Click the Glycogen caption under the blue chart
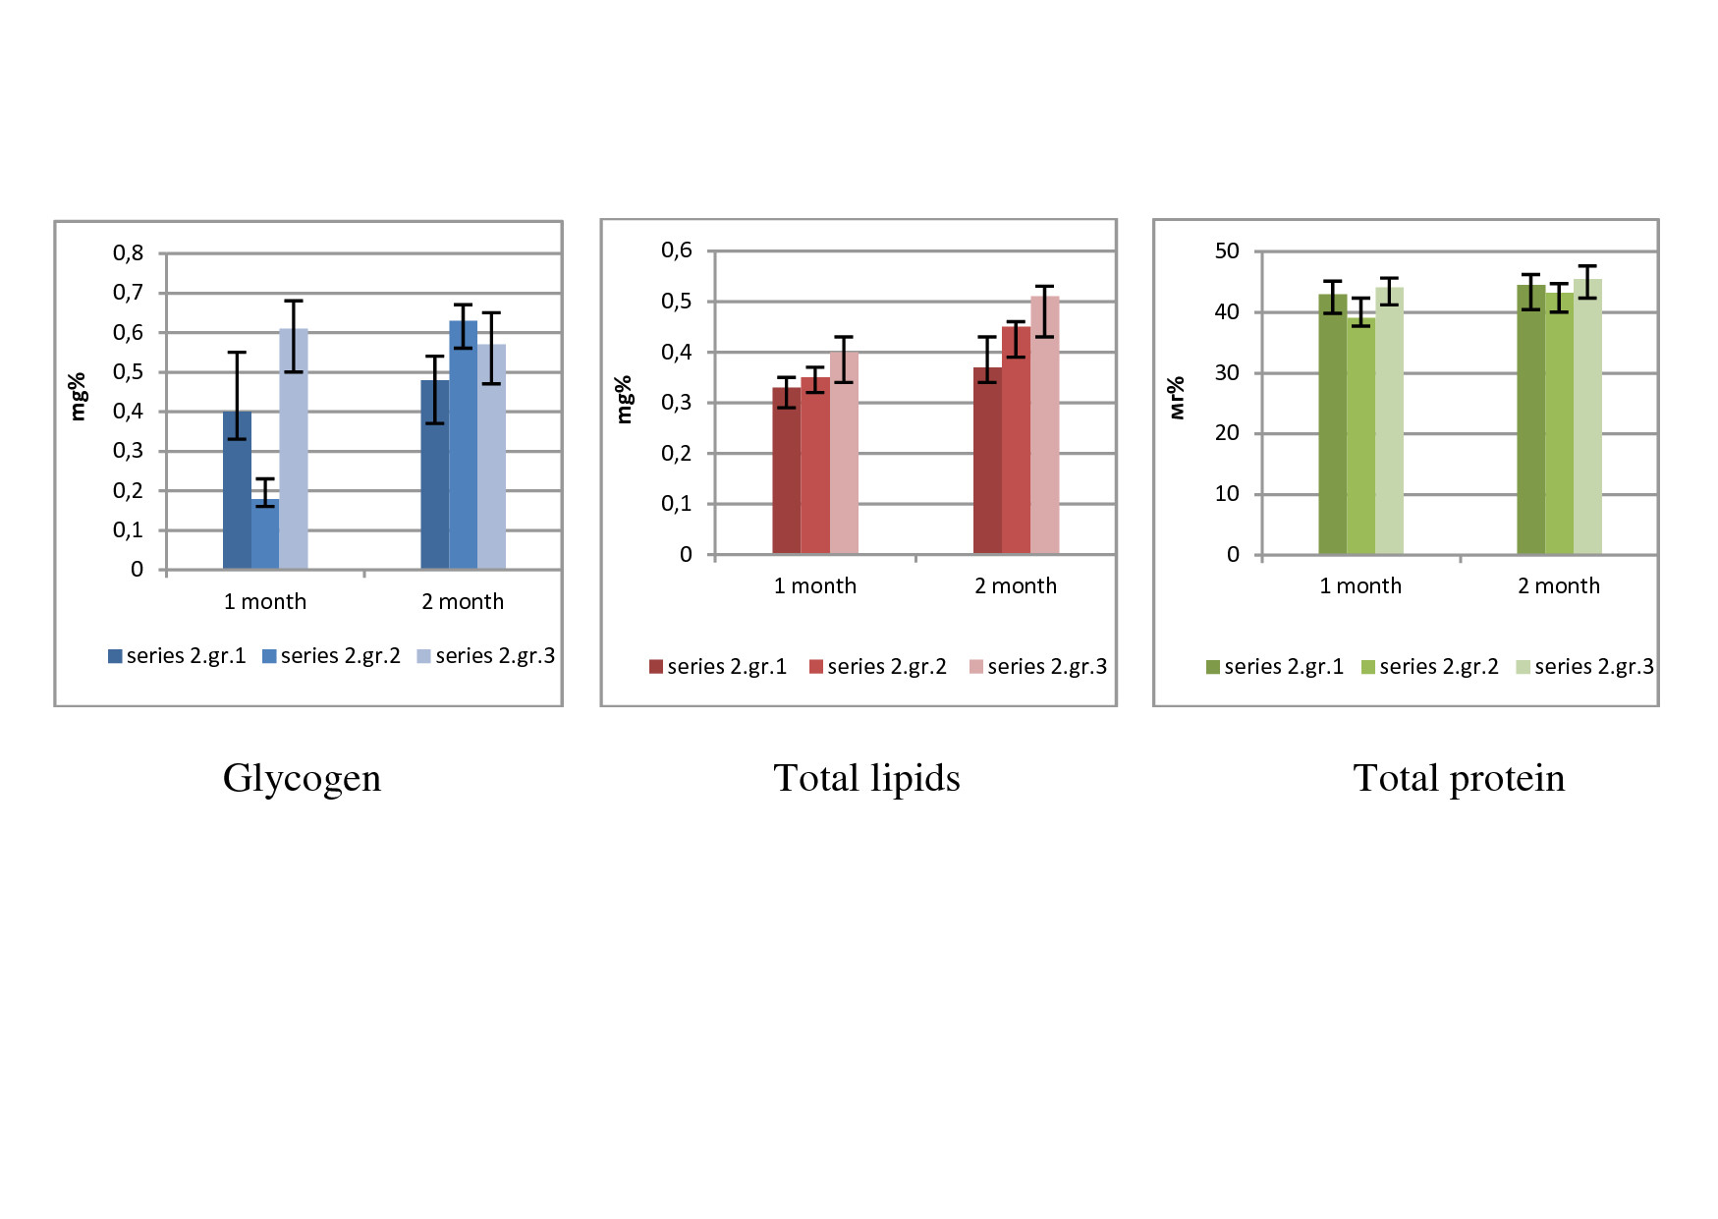click(302, 778)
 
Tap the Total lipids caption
click(866, 778)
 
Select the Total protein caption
click(1459, 778)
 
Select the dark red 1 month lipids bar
click(786, 471)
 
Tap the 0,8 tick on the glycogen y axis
click(128, 253)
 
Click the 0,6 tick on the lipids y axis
click(677, 250)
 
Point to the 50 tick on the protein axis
click(1227, 251)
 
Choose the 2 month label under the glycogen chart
click(463, 601)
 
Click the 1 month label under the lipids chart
click(815, 585)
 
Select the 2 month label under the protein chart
click(1559, 585)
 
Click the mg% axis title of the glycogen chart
click(78, 397)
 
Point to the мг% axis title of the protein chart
click(1176, 398)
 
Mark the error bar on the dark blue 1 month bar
click(237, 395)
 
